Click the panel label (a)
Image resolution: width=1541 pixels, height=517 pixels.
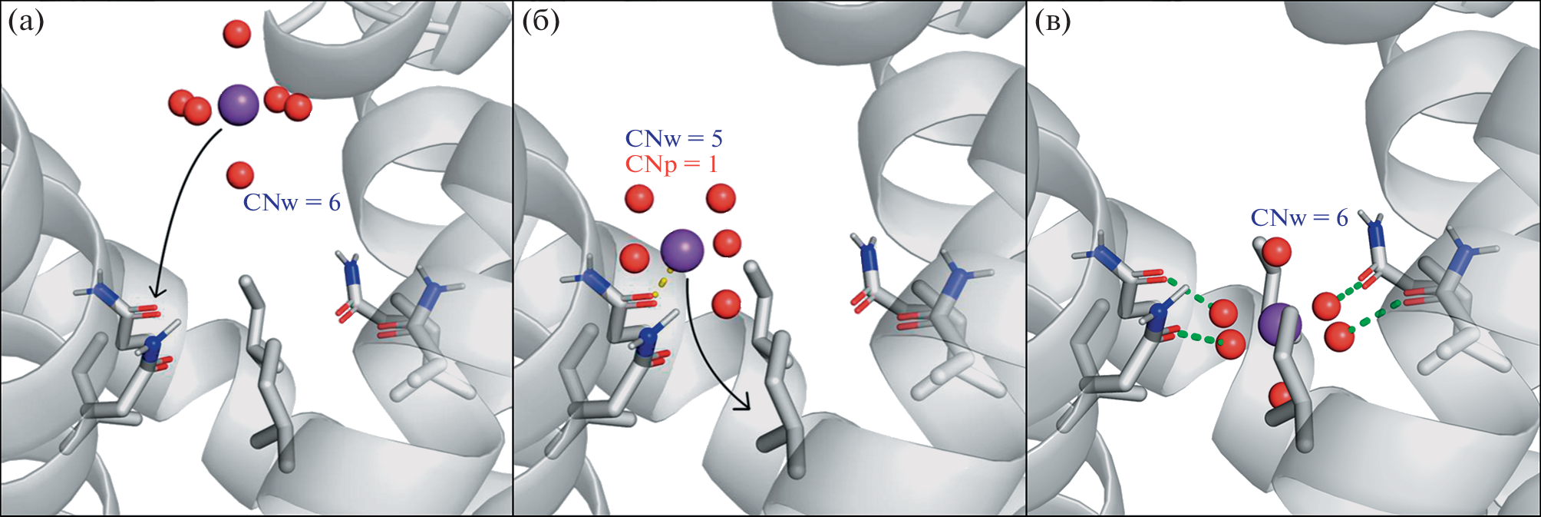click(25, 22)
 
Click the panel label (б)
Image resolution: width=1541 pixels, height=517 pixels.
click(540, 22)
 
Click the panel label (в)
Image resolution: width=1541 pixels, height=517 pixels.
click(1052, 22)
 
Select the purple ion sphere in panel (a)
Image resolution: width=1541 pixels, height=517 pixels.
click(238, 106)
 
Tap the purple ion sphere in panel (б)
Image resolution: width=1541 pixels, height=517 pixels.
click(682, 250)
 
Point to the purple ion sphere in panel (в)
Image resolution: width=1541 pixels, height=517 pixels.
click(1280, 323)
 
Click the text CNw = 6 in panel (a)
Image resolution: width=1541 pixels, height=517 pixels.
click(292, 203)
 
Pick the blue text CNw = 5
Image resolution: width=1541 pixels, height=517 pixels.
click(674, 139)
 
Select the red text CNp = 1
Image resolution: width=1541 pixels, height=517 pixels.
click(671, 164)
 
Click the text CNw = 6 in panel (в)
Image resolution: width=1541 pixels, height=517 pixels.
click(1299, 218)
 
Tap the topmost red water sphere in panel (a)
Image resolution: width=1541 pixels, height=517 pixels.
click(236, 34)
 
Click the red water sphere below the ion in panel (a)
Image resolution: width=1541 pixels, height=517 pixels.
click(240, 175)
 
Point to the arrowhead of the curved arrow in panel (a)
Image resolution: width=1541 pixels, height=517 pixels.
click(157, 293)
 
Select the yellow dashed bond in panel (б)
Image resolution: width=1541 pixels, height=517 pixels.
click(662, 283)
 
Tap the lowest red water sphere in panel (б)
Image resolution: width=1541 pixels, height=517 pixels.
click(726, 304)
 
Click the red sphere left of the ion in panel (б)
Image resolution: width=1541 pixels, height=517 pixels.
click(635, 257)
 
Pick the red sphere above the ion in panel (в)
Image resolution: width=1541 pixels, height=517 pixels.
click(1277, 251)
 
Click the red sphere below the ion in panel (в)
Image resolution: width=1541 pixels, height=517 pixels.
click(1282, 396)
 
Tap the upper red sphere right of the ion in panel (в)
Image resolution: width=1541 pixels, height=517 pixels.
click(1327, 306)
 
